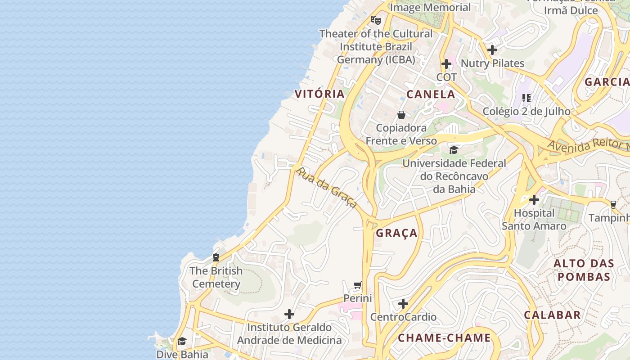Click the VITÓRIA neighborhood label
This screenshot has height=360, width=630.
coord(319,94)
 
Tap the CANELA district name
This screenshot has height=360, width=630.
coord(431,94)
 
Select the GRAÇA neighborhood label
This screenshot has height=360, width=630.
coord(396,233)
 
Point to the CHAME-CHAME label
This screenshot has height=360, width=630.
coord(444,337)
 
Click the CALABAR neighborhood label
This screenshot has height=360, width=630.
coord(552,315)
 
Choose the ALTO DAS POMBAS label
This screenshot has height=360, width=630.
coord(581,270)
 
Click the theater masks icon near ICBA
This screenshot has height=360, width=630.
coord(375,20)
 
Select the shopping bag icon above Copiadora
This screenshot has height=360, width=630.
coord(401,115)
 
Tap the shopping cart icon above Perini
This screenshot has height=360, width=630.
coord(358,285)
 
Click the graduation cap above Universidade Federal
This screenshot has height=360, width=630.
coord(454,150)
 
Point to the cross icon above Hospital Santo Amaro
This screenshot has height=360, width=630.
coord(534,199)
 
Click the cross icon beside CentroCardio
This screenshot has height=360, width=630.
coord(403,304)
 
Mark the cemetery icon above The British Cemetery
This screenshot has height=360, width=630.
coord(216,257)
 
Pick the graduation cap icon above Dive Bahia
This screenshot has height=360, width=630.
coord(182,341)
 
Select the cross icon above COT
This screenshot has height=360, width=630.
coord(446,64)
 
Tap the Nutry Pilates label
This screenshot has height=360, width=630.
coord(493,63)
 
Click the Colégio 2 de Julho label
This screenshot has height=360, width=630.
coord(526,111)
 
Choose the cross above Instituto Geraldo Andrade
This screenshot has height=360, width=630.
coord(289,314)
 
